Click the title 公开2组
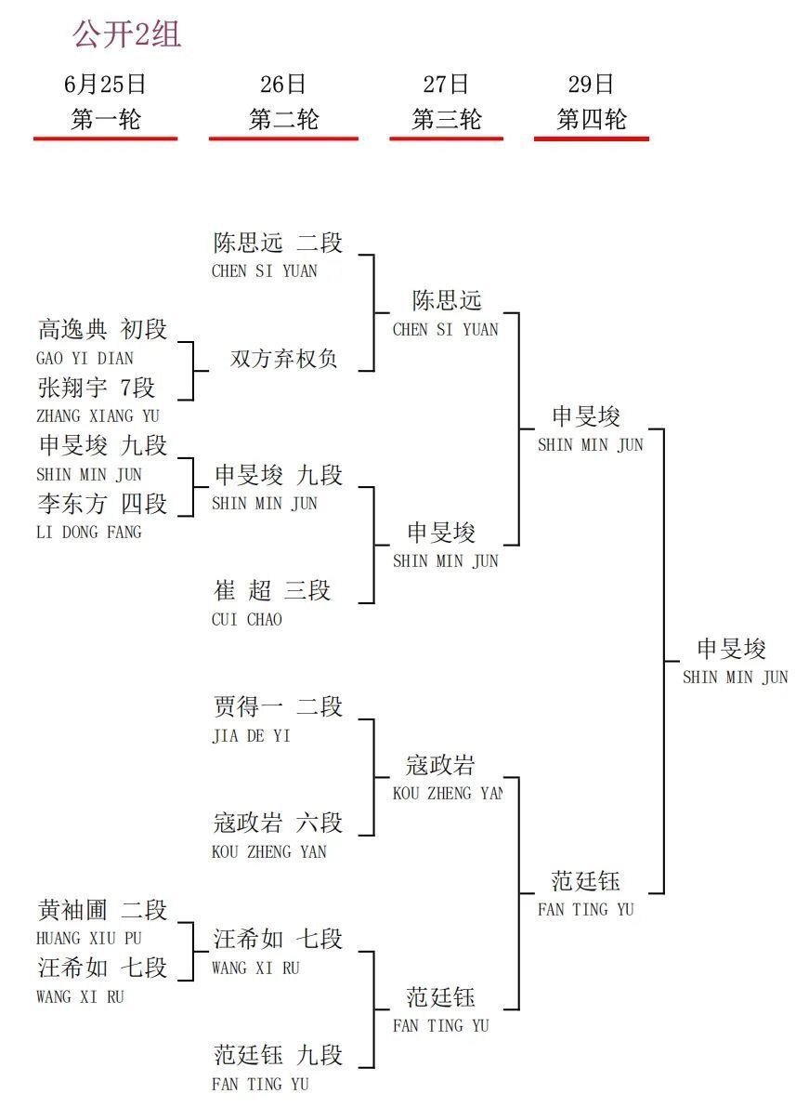coord(126,34)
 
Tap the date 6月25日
coord(105,84)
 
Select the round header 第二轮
coord(283,120)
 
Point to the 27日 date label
coord(446,84)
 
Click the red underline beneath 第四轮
coord(591,138)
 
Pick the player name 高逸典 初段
coord(102,329)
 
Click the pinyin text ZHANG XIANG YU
coord(98,415)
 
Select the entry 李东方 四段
coord(102,503)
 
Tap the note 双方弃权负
coord(283,359)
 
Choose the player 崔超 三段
coord(272,590)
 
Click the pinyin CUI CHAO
coord(247,620)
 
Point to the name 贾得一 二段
coord(278,706)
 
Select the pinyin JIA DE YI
coord(251,735)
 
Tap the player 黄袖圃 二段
coord(102,910)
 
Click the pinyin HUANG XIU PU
coord(89,938)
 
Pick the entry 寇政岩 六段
coord(278,823)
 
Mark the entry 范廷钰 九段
coord(278,1055)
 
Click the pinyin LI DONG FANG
coord(89,532)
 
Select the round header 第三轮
coord(446,120)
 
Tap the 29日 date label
coord(591,84)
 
